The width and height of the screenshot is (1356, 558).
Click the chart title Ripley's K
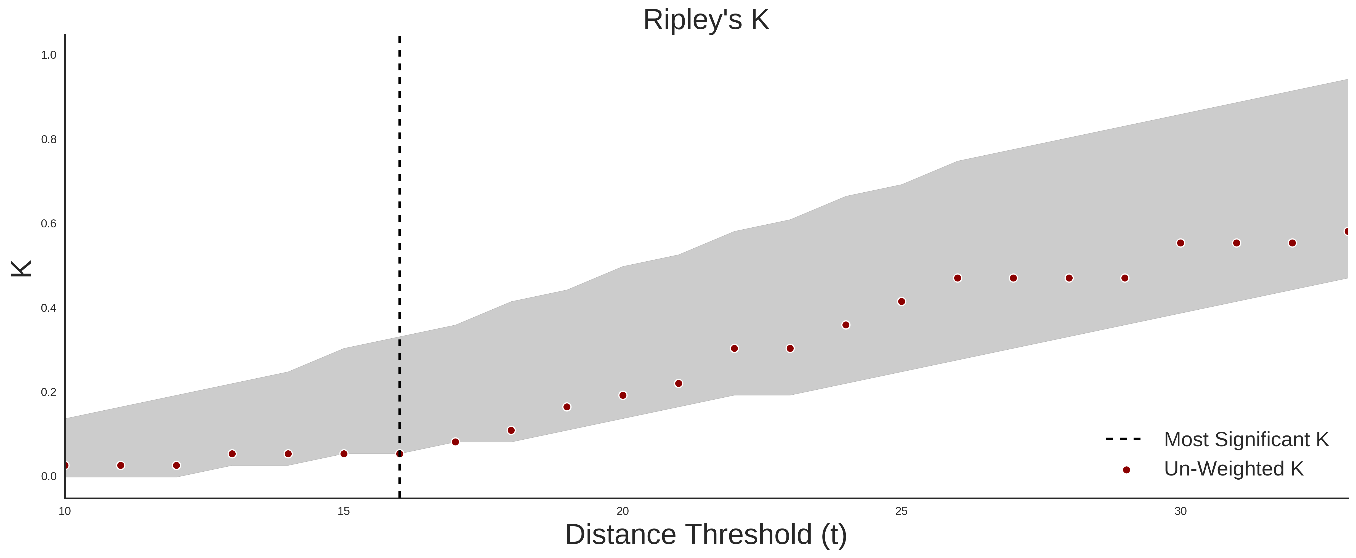click(x=706, y=20)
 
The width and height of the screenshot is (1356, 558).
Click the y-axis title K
click(x=22, y=269)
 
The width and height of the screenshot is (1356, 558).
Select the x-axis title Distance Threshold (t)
click(x=706, y=535)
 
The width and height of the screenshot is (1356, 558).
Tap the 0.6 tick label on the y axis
click(x=49, y=224)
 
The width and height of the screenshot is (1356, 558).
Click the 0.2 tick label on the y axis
click(x=49, y=392)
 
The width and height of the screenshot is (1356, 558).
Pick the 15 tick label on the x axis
click(x=344, y=511)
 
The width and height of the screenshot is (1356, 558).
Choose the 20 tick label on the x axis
click(x=623, y=511)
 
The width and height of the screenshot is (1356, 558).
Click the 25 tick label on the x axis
click(x=902, y=511)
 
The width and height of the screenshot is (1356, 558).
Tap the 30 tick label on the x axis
click(x=1181, y=511)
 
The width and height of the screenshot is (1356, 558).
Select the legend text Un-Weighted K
click(x=1234, y=469)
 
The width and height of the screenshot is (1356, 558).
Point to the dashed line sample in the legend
click(x=1123, y=439)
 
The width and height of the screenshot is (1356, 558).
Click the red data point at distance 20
click(x=623, y=395)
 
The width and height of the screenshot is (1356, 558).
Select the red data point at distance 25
click(x=902, y=302)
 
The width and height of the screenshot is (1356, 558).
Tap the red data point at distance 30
click(x=1181, y=243)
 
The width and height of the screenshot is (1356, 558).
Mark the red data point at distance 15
click(x=344, y=454)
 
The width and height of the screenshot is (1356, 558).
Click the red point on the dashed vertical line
click(x=400, y=454)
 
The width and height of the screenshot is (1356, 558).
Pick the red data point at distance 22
click(x=734, y=349)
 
